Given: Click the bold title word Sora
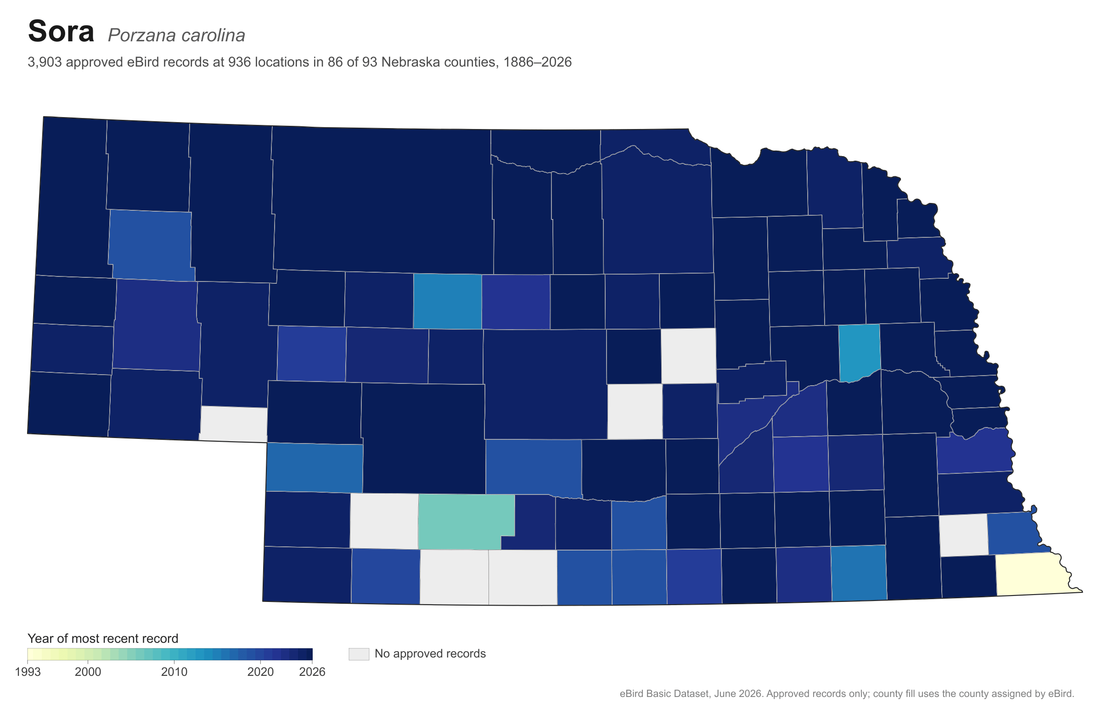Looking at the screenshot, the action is click(61, 32).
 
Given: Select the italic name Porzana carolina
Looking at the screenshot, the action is click(176, 35).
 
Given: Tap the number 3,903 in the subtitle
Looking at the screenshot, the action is click(45, 62).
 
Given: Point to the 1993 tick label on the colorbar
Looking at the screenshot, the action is click(28, 672).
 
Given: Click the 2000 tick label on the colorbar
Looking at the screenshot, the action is click(88, 672).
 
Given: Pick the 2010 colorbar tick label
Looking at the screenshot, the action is click(174, 672).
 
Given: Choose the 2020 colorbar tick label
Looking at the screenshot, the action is click(260, 672).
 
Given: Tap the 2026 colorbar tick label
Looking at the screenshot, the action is click(312, 672).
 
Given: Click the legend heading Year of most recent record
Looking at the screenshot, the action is click(103, 638).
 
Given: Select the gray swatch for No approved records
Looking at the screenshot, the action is click(359, 654).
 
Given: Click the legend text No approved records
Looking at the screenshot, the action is click(430, 653).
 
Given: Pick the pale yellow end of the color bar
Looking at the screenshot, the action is click(30, 654).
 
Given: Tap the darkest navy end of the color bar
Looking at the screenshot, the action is click(309, 654).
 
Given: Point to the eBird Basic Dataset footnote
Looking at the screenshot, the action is click(847, 693).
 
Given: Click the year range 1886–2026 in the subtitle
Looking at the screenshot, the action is click(537, 62).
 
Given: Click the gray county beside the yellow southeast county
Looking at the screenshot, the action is click(964, 535).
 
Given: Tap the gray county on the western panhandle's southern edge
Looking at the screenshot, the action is click(234, 424).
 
